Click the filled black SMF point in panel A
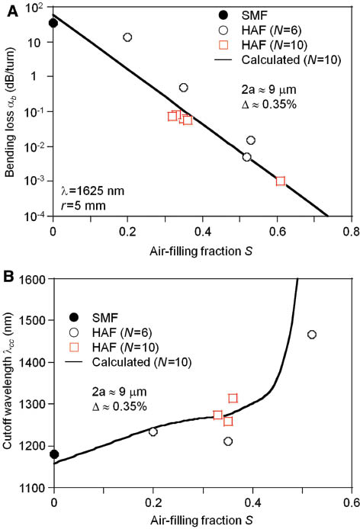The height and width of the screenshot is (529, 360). coord(53,23)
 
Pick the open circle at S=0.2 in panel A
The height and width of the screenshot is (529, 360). coord(127,37)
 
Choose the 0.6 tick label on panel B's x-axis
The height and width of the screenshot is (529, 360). coord(350,502)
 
